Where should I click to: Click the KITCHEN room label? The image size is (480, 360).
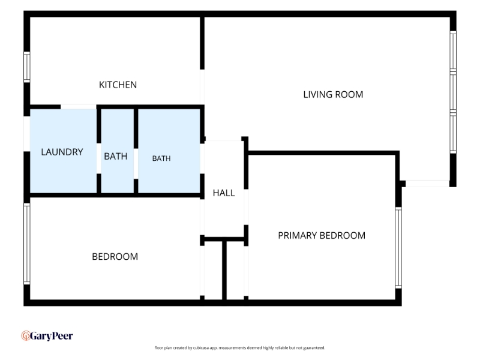(x=118, y=85)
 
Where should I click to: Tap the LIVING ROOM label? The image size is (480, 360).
(x=333, y=95)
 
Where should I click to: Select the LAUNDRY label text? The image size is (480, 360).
(x=62, y=152)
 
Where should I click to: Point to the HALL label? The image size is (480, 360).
(x=224, y=193)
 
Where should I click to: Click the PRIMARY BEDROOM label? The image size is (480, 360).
(x=322, y=235)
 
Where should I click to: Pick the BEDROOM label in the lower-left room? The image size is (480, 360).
(x=115, y=257)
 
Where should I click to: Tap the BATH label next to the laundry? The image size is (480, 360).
(x=115, y=157)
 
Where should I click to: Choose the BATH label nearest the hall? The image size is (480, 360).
(x=161, y=158)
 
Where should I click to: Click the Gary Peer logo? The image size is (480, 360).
(x=47, y=336)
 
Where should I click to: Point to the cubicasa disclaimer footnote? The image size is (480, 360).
(x=239, y=348)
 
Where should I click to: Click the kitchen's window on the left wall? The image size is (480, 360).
(x=27, y=67)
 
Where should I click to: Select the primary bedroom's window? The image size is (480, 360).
(x=398, y=248)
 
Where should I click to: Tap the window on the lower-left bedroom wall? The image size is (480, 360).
(x=27, y=244)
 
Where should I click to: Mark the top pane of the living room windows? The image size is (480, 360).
(x=453, y=51)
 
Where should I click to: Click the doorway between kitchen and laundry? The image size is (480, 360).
(x=79, y=107)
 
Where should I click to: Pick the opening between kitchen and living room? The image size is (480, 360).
(x=202, y=87)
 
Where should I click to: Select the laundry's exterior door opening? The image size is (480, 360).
(x=27, y=134)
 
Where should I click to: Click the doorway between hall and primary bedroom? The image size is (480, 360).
(x=246, y=207)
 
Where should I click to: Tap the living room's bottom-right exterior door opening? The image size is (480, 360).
(x=427, y=184)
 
